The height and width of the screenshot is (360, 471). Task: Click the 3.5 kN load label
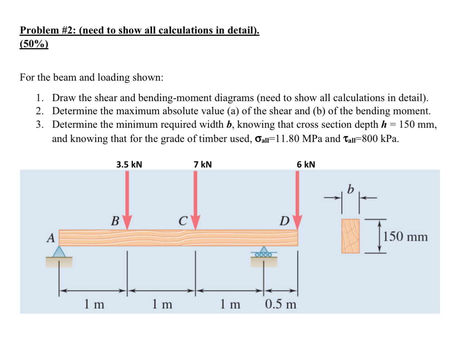129,164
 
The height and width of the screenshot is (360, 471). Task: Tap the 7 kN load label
203,164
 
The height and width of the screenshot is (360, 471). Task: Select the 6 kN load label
306,164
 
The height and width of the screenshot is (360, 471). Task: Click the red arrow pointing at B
127,199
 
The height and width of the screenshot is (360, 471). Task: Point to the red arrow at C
196,199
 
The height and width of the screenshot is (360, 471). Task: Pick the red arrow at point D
297,199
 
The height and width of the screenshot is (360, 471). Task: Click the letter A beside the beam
51,238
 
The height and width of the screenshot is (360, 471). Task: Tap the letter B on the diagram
115,221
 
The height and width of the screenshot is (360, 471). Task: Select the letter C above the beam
183,221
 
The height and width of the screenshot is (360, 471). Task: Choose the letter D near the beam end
284,221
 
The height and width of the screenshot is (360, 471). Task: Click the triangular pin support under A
59,252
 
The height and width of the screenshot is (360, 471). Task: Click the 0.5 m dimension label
280,304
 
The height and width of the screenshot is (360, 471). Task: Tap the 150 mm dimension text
405,237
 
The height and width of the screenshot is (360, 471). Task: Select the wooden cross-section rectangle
351,236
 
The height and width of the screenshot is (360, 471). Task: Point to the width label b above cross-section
351,189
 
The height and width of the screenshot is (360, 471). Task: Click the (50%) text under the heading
34,44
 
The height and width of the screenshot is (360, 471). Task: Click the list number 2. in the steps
40,111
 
